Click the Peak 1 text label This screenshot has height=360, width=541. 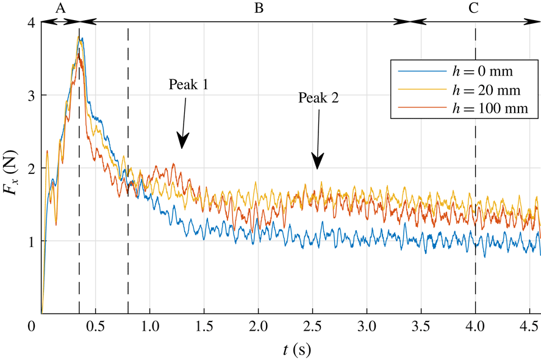click(188, 85)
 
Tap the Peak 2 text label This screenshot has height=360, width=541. click(318, 98)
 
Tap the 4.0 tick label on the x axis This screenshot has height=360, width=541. click(475, 327)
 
